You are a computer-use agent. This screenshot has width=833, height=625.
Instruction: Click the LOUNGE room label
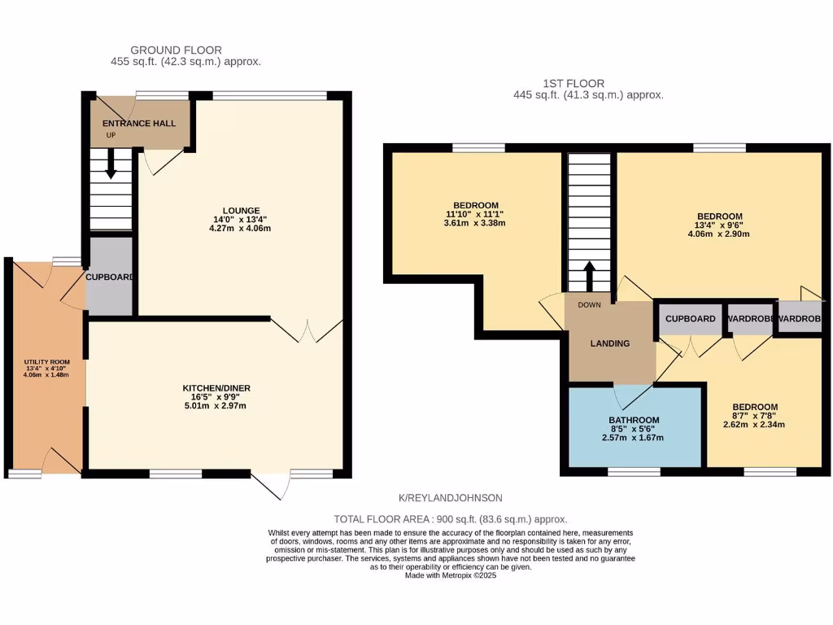(x=244, y=209)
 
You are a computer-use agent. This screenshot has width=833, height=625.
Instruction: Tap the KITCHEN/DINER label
(x=214, y=388)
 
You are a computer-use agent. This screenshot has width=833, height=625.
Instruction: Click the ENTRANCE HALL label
(x=138, y=124)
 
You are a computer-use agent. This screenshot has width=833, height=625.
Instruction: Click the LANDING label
(x=610, y=343)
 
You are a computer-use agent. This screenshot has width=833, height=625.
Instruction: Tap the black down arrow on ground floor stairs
(x=111, y=166)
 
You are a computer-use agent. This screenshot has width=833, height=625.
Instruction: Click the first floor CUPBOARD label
(x=690, y=319)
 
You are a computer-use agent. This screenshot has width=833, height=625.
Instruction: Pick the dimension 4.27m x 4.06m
(x=244, y=229)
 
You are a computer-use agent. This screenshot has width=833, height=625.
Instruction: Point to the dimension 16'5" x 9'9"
(x=214, y=397)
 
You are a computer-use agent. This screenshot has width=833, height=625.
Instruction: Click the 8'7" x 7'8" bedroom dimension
(x=754, y=417)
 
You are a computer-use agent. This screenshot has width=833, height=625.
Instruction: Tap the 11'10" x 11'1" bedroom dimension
(x=475, y=214)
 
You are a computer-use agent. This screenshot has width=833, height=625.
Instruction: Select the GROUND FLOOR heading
(x=176, y=50)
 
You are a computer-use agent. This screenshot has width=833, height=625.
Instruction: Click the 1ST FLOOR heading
(x=574, y=83)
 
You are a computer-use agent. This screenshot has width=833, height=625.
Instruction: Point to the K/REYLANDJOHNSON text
(x=450, y=497)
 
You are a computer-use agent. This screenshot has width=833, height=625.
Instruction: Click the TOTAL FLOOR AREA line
(x=450, y=519)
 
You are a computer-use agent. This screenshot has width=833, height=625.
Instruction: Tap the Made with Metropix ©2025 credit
(x=450, y=575)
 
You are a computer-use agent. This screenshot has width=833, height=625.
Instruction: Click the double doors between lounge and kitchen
(x=302, y=330)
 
